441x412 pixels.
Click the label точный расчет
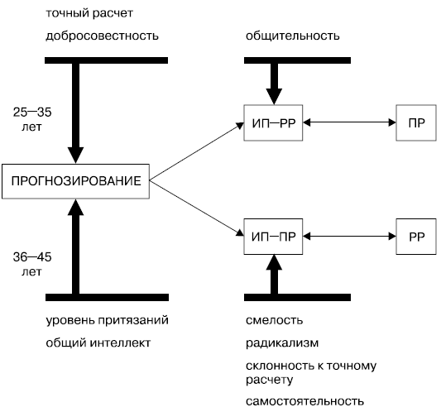(x=89, y=13)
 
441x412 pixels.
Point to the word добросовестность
(x=102, y=36)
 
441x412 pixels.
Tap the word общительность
(x=293, y=36)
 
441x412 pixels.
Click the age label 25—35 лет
(x=32, y=119)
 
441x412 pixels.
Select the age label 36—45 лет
(x=32, y=264)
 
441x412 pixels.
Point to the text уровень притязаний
(x=108, y=321)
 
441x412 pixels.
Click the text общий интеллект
(x=98, y=343)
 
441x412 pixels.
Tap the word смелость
(x=274, y=320)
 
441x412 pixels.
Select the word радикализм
(x=282, y=343)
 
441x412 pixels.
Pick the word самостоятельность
(x=304, y=401)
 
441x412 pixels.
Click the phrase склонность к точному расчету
(x=311, y=372)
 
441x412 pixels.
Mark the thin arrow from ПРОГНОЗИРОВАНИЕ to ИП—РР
(x=197, y=151)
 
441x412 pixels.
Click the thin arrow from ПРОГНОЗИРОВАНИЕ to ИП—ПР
(x=197, y=208)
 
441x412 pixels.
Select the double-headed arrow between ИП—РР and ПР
(x=349, y=122)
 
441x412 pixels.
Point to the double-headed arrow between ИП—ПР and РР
(x=349, y=237)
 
